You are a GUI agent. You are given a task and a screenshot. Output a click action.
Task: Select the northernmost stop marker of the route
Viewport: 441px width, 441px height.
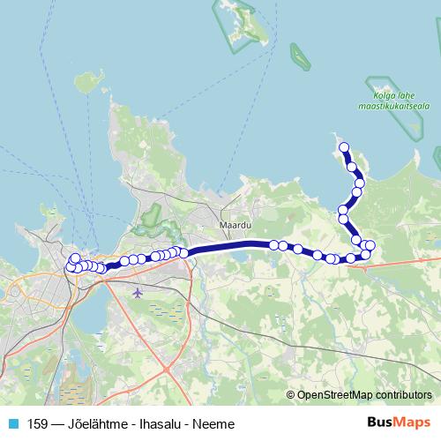pos(344,147)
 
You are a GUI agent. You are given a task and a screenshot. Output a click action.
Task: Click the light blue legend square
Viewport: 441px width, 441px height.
pos(11,423)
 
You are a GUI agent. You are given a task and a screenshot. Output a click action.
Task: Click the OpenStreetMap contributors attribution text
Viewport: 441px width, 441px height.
pos(365,394)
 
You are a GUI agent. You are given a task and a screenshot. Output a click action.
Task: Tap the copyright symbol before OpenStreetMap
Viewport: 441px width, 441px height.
pos(291,394)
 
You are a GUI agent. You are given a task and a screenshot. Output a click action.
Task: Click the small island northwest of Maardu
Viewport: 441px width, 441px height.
pos(87,84)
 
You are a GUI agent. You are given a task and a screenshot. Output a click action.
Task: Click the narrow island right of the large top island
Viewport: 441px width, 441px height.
pos(299,56)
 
